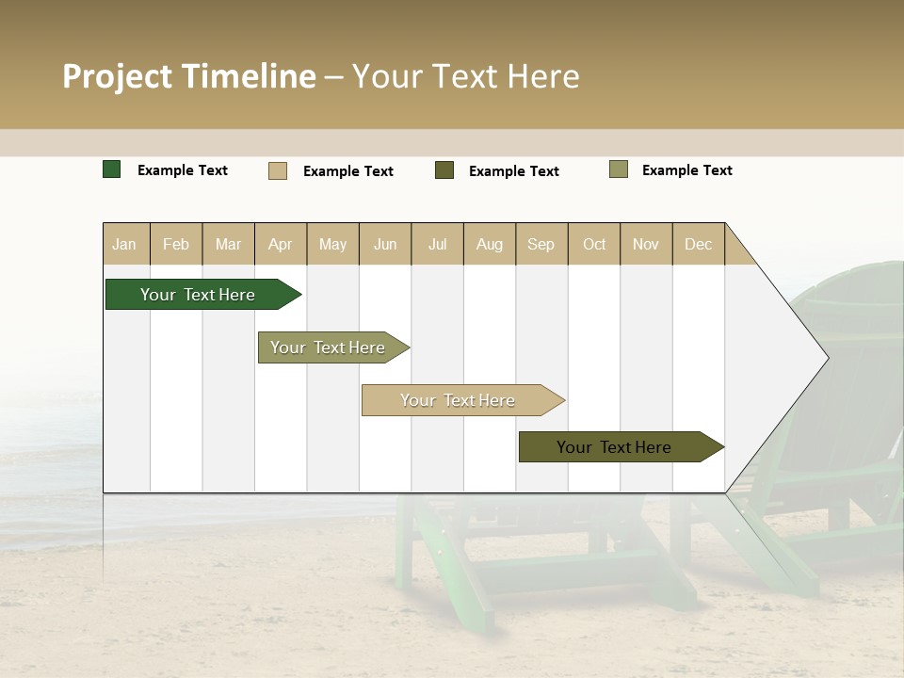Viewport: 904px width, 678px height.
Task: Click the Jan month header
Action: [x=124, y=244]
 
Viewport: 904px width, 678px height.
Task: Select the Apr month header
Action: [x=280, y=244]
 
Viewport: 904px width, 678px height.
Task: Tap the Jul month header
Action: [x=437, y=244]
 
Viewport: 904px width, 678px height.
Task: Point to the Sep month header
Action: [x=541, y=244]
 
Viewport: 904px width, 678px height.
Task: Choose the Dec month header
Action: [x=698, y=244]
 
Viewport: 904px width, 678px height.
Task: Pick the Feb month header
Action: [x=176, y=244]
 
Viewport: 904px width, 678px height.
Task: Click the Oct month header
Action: [x=594, y=244]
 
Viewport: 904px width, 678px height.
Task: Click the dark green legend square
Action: [x=112, y=169]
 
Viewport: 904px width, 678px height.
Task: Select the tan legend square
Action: [x=278, y=170]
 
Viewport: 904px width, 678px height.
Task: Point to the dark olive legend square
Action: [x=444, y=170]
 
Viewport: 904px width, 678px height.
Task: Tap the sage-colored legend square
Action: [x=619, y=169]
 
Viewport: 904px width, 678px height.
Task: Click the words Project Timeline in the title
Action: [x=188, y=76]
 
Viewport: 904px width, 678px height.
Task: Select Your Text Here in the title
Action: [x=465, y=76]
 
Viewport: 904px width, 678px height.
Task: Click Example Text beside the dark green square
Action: [x=183, y=170]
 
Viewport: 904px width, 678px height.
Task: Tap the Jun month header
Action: [x=385, y=244]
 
